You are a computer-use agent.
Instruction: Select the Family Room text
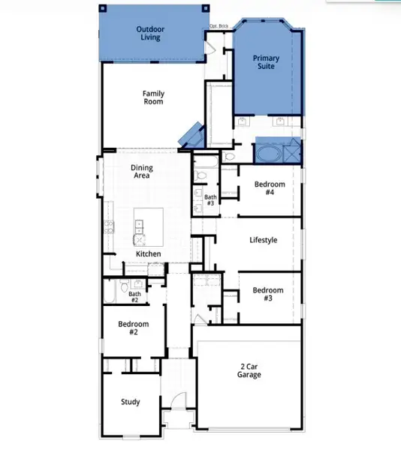[x=154, y=97]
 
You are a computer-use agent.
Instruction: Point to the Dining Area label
[x=141, y=171]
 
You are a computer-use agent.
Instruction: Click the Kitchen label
[x=149, y=254]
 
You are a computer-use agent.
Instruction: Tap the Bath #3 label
[x=210, y=200]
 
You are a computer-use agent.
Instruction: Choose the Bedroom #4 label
[x=269, y=188]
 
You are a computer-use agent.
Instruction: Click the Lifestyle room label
[x=264, y=240]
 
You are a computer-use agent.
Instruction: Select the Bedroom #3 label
[x=267, y=294]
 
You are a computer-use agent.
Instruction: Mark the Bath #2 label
[x=134, y=296]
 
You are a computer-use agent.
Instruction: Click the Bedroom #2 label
[x=133, y=328]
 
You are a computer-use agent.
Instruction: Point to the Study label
[x=130, y=402]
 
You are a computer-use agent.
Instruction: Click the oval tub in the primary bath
[x=267, y=154]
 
